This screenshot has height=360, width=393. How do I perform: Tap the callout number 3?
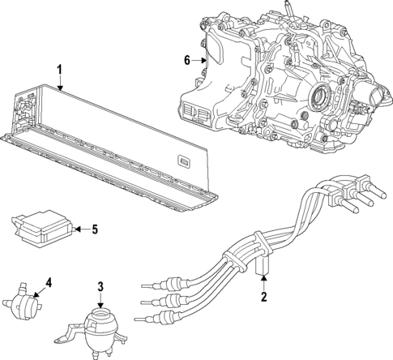pos(100,286)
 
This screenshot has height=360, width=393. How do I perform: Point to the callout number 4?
pos(48,283)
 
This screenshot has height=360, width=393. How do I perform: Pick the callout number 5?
pos(94,229)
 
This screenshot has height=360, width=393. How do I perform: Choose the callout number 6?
pos(186,60)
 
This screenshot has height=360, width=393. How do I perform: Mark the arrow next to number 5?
pos(81,229)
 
